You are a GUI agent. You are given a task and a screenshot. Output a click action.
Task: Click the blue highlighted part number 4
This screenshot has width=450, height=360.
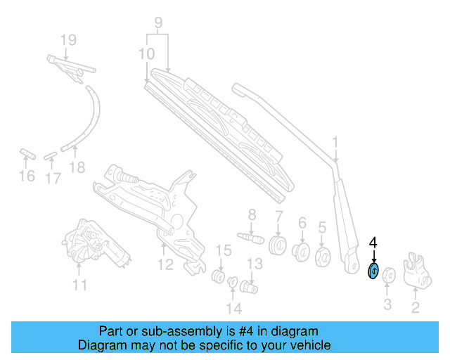[374, 271]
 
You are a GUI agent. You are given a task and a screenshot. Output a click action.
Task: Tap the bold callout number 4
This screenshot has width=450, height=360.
[373, 243]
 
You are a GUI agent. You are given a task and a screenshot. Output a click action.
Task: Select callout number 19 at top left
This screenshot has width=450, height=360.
[67, 41]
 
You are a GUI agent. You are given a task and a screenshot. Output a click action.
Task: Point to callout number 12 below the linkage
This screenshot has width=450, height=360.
[165, 264]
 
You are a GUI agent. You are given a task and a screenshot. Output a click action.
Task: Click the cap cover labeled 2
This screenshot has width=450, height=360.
[417, 271]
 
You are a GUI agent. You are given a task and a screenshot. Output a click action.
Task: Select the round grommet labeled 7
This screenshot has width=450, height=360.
[278, 247]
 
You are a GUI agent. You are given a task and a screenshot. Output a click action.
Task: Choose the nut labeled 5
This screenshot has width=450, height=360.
[324, 256]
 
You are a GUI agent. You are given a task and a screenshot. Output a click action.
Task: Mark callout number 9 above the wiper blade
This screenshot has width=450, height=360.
[158, 22]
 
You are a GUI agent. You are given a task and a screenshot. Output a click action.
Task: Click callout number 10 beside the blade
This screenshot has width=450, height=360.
[147, 53]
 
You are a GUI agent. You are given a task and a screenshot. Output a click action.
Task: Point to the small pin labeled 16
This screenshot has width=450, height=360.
[26, 152]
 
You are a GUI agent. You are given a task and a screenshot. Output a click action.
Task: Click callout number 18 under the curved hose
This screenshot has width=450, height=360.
[77, 167]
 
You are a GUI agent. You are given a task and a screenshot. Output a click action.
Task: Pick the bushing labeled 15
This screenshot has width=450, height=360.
[219, 274]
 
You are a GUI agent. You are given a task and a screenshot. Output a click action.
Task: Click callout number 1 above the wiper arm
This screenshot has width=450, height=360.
[335, 143]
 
